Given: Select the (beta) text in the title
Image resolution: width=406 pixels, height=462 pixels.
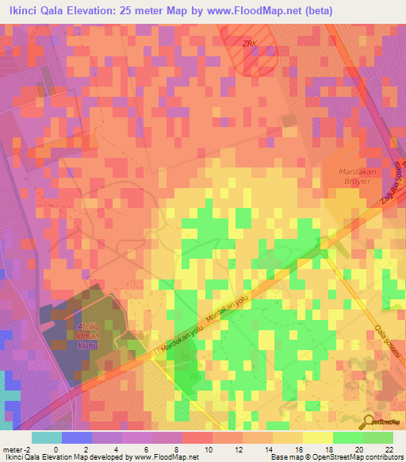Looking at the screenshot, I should (316, 10).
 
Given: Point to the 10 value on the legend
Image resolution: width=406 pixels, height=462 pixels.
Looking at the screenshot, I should (209, 449).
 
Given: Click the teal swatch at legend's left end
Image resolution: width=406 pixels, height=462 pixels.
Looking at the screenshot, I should (46, 437).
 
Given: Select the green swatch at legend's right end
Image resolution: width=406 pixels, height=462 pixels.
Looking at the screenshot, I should (378, 437).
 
